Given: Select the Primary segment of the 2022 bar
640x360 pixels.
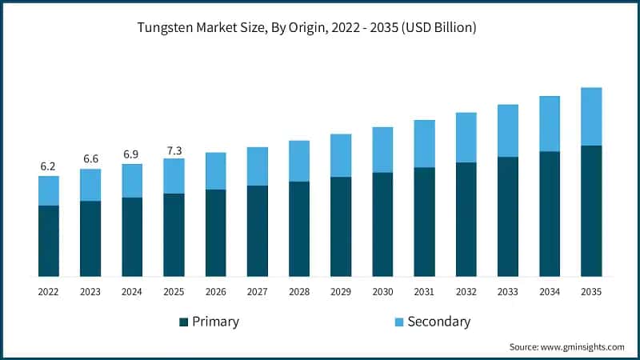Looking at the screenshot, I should pyautogui.click(x=49, y=240).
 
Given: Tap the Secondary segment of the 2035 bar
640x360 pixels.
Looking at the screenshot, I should pyautogui.click(x=591, y=117).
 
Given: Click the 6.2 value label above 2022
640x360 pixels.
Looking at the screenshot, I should pyautogui.click(x=49, y=166).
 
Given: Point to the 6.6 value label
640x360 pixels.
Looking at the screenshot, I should pyautogui.click(x=90, y=159).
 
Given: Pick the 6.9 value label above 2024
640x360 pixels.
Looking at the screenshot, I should pyautogui.click(x=132, y=154).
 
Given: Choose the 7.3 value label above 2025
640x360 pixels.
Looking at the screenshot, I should pyautogui.click(x=174, y=148).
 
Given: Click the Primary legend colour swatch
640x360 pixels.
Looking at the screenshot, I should pyautogui.click(x=183, y=322).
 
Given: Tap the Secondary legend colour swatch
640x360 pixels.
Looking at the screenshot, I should pyautogui.click(x=398, y=322).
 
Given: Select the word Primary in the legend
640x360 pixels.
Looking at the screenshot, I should pyautogui.click(x=215, y=322).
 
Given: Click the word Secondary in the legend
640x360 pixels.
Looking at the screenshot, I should pyautogui.click(x=439, y=322).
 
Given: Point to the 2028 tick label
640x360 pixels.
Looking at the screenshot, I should pyautogui.click(x=299, y=293).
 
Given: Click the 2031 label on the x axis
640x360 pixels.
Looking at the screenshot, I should pyautogui.click(x=424, y=293).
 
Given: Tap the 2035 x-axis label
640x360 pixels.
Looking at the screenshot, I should pyautogui.click(x=591, y=293).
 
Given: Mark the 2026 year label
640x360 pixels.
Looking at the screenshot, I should pyautogui.click(x=216, y=293).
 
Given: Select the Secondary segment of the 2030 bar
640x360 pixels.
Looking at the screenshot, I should pyautogui.click(x=382, y=150).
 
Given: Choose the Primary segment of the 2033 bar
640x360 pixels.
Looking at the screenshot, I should pyautogui.click(x=508, y=216).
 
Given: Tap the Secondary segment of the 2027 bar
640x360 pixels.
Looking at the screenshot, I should pyautogui.click(x=258, y=166).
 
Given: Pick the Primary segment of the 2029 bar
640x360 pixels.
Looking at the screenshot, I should pyautogui.click(x=341, y=226).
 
